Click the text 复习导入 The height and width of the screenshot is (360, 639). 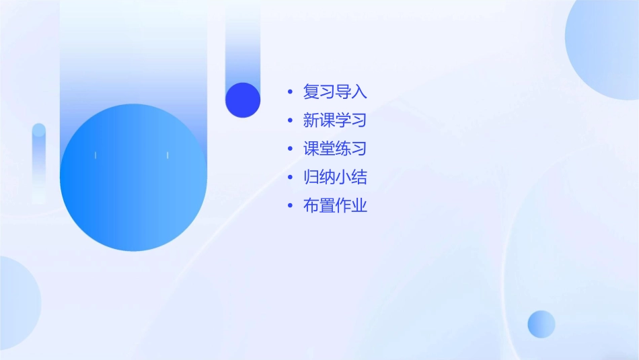pyautogui.click(x=335, y=92)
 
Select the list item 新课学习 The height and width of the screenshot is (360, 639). pyautogui.click(x=335, y=121)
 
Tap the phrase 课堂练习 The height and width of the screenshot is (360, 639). pyautogui.click(x=335, y=149)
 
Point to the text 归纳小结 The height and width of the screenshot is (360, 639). pyautogui.click(x=335, y=178)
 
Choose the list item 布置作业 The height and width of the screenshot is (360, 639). pyautogui.click(x=335, y=206)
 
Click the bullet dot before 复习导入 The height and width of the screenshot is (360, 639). pyautogui.click(x=290, y=92)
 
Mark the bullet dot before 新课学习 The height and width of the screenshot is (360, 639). pyautogui.click(x=290, y=121)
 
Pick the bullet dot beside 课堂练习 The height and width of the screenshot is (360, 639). pyautogui.click(x=290, y=149)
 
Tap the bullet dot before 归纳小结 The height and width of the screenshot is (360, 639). pyautogui.click(x=290, y=178)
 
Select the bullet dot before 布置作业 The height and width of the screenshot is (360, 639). pyautogui.click(x=290, y=206)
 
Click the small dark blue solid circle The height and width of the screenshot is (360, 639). pyautogui.click(x=243, y=100)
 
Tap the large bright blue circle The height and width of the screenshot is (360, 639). pyautogui.click(x=133, y=178)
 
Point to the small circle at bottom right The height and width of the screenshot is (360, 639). pyautogui.click(x=541, y=324)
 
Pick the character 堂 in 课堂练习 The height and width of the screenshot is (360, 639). pyautogui.click(x=327, y=149)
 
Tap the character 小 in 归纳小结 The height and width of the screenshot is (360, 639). pyautogui.click(x=343, y=178)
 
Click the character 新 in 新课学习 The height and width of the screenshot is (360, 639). pyautogui.click(x=311, y=121)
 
